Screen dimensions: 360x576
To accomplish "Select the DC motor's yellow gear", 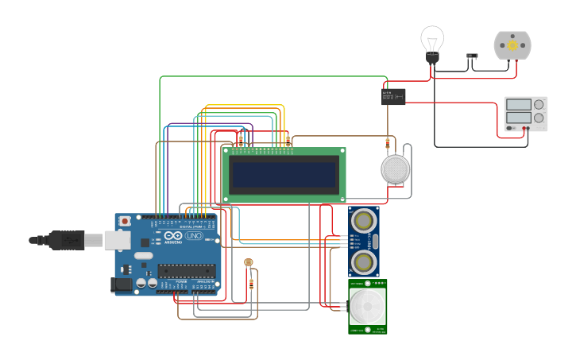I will point(512,45).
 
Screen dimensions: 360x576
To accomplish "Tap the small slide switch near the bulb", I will point(472,56).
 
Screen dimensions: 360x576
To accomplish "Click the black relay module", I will point(393,96).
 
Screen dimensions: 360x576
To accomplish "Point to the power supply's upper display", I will point(518,104).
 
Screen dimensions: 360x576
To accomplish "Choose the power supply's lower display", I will point(518,118).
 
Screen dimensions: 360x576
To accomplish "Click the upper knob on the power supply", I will point(539,104).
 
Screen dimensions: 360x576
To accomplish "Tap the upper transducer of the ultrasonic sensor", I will point(364,219).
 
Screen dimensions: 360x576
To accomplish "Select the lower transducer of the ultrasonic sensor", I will point(364,261).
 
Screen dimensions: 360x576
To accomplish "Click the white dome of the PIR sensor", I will point(367,306).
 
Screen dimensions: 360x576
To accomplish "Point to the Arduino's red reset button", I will point(125,222).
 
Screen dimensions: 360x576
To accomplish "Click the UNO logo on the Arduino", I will point(193,235).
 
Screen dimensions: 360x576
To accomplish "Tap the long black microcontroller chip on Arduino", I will point(187,270).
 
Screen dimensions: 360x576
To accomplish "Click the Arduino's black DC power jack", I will point(121,284).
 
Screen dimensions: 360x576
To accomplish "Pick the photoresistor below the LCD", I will point(248,261).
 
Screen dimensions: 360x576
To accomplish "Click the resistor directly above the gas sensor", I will point(388,143).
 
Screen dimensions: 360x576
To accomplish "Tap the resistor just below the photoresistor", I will point(252,283).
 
